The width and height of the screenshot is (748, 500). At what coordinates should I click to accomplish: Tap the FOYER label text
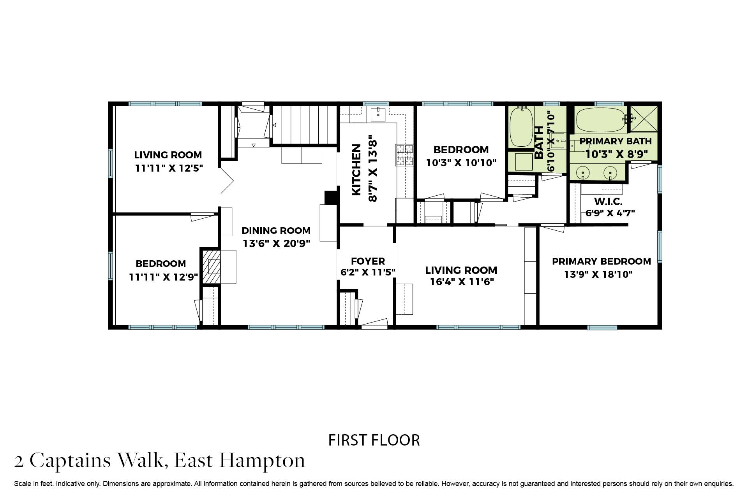(x=368, y=261)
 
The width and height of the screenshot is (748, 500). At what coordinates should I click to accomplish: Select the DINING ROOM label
(x=276, y=230)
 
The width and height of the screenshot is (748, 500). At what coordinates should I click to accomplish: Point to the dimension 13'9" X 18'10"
(x=598, y=274)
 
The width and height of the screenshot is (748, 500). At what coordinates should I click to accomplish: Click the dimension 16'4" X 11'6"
(x=462, y=282)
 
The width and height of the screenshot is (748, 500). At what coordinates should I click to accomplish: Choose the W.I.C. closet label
(x=608, y=202)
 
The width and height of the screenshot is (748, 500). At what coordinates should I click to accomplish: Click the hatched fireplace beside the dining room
(x=211, y=267)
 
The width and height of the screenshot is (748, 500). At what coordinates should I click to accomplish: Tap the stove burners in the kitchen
(x=404, y=155)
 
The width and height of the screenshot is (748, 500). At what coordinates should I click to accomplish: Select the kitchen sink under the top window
(x=378, y=115)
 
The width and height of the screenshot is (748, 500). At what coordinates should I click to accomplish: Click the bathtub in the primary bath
(x=600, y=120)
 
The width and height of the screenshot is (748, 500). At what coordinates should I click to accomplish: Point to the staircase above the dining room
(x=304, y=125)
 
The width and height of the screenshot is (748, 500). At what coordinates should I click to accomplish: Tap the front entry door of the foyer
(x=374, y=323)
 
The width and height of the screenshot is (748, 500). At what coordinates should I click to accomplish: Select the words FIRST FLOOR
(x=374, y=440)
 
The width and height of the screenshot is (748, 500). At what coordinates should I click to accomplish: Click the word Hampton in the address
(x=262, y=461)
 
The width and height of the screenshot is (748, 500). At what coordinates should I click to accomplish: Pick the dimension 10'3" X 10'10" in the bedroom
(x=461, y=163)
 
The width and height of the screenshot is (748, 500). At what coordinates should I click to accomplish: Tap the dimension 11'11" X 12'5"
(x=169, y=168)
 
